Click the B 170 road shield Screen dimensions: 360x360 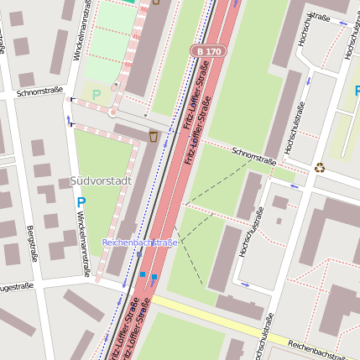pos(207,51)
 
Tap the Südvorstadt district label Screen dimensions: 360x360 pos(100,181)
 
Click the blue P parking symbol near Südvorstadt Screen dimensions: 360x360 pos(81,202)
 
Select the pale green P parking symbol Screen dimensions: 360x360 pos(96,95)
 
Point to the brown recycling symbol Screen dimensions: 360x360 pos(319,167)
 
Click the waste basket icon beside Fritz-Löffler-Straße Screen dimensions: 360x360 pos(154,135)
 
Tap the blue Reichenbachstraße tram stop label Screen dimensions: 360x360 pos(139,243)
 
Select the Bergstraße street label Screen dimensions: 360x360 pos(33,242)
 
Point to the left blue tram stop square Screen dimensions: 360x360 pos(143,274)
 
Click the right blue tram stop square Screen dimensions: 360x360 pos(154,277)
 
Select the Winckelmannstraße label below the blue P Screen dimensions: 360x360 pos(83,243)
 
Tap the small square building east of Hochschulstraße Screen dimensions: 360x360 pos(280,202)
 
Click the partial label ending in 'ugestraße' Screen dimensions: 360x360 pos(17,286)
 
